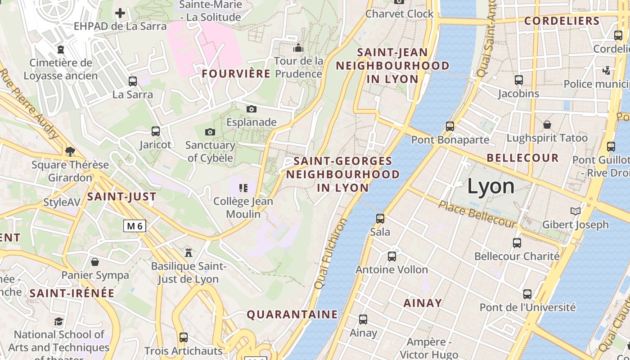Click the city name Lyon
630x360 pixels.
(490, 186)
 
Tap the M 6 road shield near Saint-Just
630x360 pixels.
(135, 226)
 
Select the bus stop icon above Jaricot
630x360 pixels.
(155, 131)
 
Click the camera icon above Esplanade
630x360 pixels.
(252, 109)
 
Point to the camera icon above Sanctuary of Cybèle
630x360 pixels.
(210, 132)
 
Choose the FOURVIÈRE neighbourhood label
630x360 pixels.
(236, 74)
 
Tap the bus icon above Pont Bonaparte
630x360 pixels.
(450, 126)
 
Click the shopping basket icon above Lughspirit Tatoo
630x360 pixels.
(547, 125)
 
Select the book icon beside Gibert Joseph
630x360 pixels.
(575, 211)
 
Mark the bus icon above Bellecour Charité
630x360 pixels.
(517, 243)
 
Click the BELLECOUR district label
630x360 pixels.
(522, 158)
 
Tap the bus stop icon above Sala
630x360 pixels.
(380, 219)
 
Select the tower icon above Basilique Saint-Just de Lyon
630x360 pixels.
(189, 252)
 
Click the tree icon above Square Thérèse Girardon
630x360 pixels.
(70, 151)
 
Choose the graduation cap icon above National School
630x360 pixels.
(58, 321)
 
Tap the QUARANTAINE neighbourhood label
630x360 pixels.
(292, 314)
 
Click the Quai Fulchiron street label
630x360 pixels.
(330, 254)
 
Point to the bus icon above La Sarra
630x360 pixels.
(132, 81)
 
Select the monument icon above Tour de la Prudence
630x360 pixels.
(298, 48)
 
